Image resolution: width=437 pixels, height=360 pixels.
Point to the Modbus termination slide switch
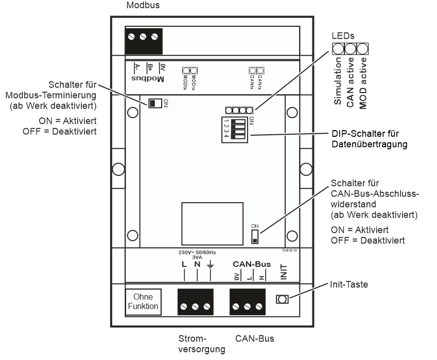(154, 103)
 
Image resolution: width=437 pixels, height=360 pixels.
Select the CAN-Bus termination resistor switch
(254, 236)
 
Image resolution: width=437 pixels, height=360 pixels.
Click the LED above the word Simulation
(338, 49)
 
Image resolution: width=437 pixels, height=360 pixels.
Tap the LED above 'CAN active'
(351, 49)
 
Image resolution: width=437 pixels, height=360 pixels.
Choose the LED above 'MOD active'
(363, 49)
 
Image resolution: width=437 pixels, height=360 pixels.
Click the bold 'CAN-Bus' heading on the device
(251, 263)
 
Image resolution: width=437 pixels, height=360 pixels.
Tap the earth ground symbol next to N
(211, 265)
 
